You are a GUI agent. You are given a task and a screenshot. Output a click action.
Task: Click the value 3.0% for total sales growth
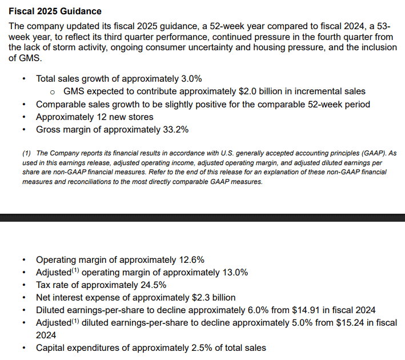click(x=190, y=79)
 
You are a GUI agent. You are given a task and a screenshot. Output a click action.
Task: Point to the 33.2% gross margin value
click(x=175, y=129)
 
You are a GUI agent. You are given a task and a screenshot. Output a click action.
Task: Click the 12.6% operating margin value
click(x=190, y=260)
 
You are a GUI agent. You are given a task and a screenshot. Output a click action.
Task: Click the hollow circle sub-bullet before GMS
click(x=52, y=92)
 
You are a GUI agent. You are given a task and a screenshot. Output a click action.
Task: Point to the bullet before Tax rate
click(x=23, y=285)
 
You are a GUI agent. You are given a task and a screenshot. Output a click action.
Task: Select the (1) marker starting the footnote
click(x=27, y=153)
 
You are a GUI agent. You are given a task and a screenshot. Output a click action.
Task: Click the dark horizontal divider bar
click(x=202, y=218)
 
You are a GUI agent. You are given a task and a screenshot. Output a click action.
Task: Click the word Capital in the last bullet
click(x=53, y=347)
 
